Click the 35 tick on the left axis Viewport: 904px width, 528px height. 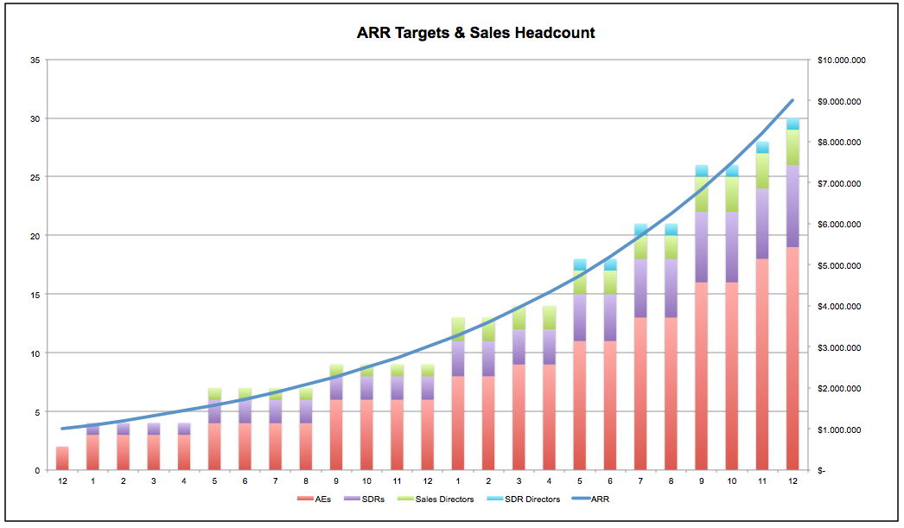point(35,60)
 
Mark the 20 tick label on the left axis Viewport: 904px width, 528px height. point(35,236)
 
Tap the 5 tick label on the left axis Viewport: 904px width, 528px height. point(37,412)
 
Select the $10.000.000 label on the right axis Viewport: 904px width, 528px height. point(841,60)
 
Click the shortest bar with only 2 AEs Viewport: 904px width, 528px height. point(62,458)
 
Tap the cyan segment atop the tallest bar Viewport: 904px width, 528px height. point(793,124)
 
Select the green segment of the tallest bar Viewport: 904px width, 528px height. point(793,147)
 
